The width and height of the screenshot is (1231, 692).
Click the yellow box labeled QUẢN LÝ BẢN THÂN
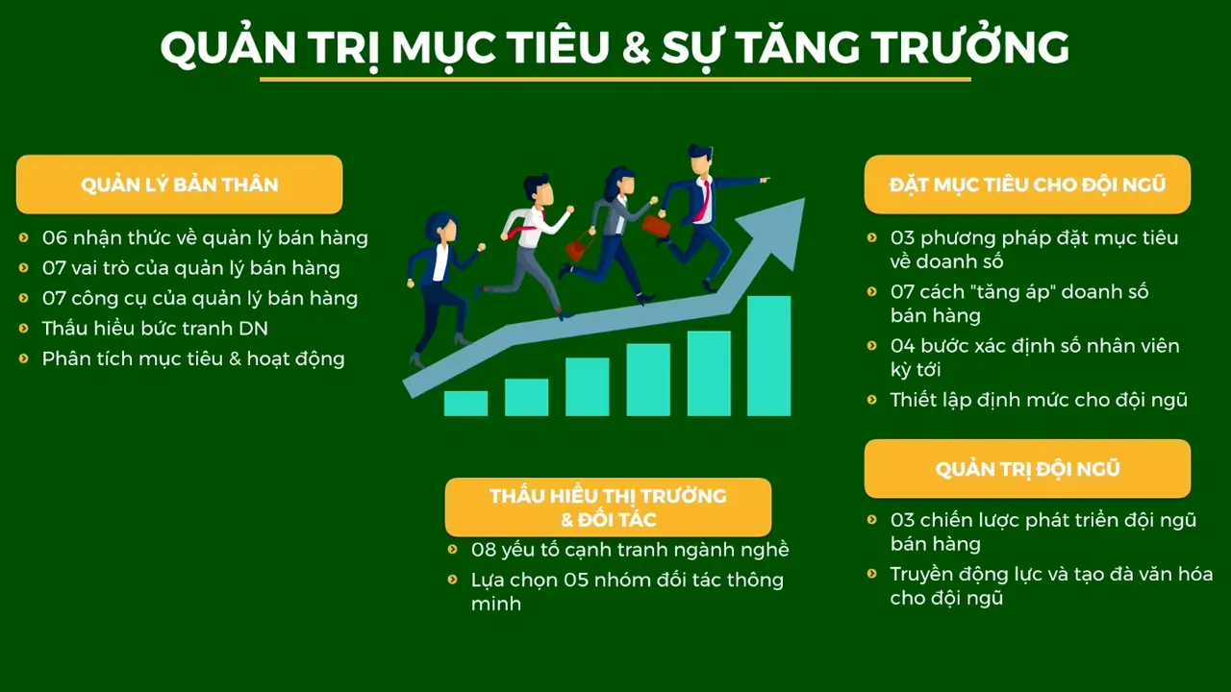pos(179,185)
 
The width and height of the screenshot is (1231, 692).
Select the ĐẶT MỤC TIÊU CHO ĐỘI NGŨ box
pos(1027,185)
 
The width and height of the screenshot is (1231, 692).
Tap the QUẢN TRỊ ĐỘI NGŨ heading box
pos(1027,469)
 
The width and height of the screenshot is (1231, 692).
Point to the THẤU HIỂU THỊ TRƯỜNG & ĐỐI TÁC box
pos(608,507)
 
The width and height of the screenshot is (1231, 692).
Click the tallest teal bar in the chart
pos(768,356)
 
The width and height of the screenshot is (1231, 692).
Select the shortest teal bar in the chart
pos(465,403)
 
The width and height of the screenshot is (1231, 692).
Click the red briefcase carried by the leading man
pos(656,226)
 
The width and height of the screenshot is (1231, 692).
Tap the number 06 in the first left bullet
pos(55,237)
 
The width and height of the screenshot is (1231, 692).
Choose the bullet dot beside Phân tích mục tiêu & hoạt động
pos(23,358)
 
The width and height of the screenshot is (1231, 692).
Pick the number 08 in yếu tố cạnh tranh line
pos(484,550)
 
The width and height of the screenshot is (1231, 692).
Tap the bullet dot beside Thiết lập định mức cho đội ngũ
pos(871,399)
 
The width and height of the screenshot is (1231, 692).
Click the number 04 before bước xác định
pos(903,345)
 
